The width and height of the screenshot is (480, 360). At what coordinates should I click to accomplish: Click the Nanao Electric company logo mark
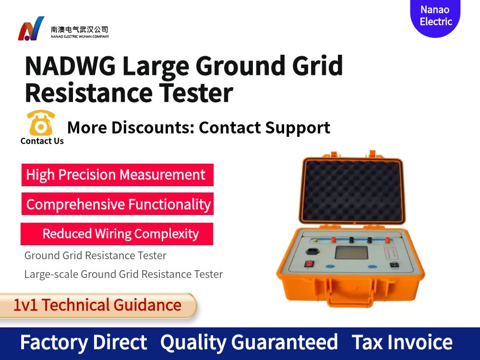coord(31,29)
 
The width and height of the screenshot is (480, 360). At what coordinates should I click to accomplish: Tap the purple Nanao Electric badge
coord(435,16)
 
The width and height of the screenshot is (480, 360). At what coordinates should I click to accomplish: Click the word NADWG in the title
coord(70,66)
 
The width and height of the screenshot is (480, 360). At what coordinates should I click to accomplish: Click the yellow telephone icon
coord(41,123)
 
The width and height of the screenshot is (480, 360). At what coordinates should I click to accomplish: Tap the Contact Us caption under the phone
coord(42,141)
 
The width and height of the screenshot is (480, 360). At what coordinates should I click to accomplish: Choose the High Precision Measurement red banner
coord(117,175)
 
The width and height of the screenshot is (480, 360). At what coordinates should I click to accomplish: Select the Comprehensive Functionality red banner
coord(118,204)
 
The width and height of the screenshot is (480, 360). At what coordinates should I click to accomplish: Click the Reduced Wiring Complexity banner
coord(118,234)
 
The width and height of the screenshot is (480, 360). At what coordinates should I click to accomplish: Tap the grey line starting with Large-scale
coord(123,275)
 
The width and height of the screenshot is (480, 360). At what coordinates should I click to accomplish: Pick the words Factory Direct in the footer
coord(84,343)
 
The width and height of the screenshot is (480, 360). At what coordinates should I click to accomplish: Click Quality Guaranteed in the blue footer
coord(249,343)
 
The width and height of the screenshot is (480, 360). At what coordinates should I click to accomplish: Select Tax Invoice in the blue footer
coord(402,343)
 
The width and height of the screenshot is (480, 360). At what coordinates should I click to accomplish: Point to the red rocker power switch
coord(310,264)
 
